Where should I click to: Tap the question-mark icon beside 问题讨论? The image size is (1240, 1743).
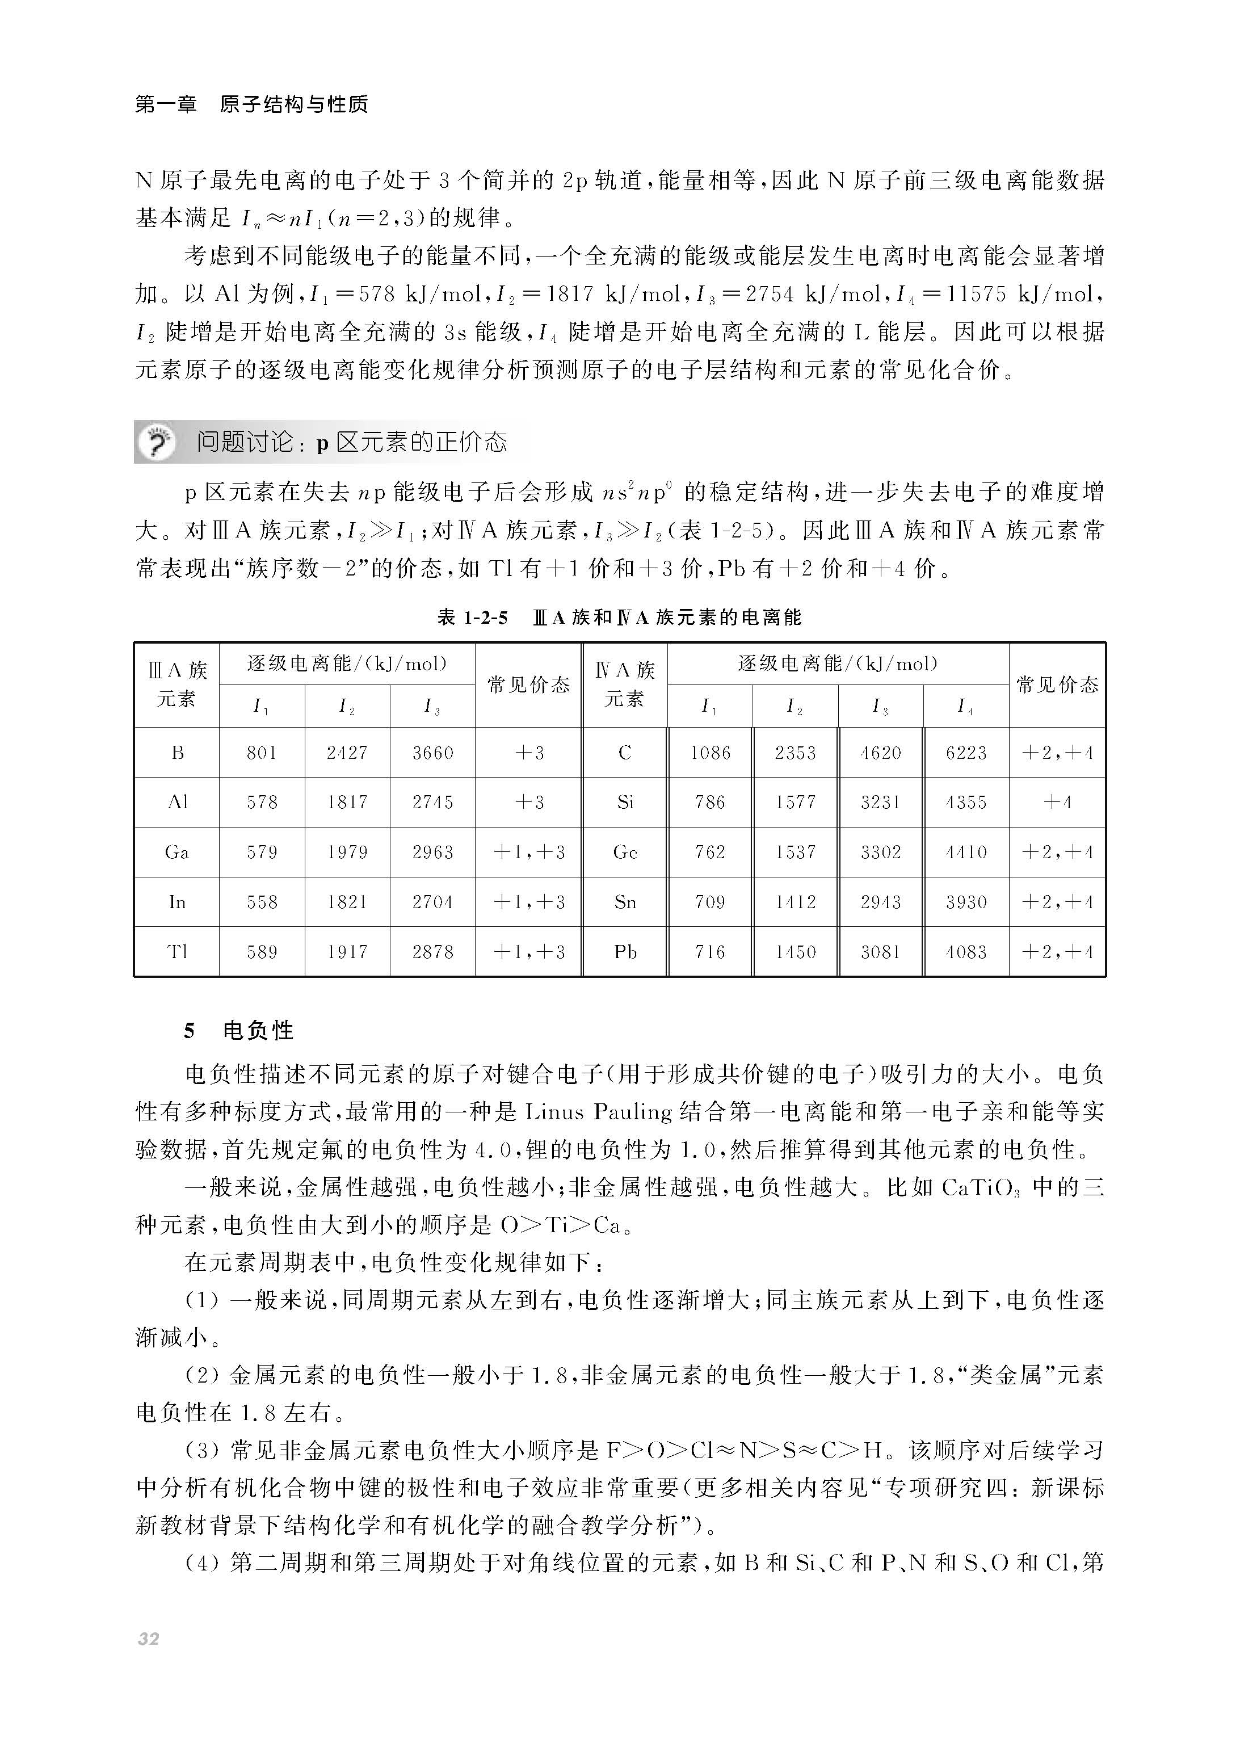coord(157,442)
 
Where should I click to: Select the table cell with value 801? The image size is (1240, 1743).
coord(261,753)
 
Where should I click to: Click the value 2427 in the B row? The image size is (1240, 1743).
coord(347,753)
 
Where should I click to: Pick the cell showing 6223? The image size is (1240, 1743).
coord(966,753)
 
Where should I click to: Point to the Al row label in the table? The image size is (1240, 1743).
coord(177,801)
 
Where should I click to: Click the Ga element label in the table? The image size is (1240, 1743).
coord(177,852)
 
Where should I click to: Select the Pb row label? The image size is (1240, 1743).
coord(625,952)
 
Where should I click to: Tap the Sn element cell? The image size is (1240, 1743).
coord(625,902)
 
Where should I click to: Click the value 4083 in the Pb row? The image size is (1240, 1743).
coord(966,952)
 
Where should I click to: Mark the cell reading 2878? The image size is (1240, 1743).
coord(432,952)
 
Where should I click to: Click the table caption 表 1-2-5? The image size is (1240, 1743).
coord(472,617)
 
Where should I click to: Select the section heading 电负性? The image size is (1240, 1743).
coord(258,1031)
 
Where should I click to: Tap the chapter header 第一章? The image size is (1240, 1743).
coord(166,104)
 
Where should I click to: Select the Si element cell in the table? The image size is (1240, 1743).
coord(625,801)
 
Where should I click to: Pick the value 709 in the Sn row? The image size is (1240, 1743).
coord(709,902)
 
